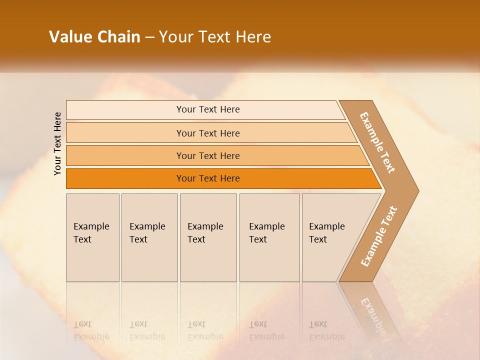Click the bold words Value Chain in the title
point(94,37)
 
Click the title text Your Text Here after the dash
point(215,37)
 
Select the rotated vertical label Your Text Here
point(58,143)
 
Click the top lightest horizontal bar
point(125,110)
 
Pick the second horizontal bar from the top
point(125,133)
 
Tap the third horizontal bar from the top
point(125,155)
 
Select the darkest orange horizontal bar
point(125,178)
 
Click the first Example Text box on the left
point(92,237)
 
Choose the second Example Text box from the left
point(149,237)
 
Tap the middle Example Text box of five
point(208,237)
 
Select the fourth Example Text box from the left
point(269,237)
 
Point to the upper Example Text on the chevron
point(377,142)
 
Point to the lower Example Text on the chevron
point(379,236)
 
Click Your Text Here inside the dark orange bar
point(208,178)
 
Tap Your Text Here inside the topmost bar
point(208,109)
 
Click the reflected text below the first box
point(91,330)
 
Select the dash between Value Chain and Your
point(149,37)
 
